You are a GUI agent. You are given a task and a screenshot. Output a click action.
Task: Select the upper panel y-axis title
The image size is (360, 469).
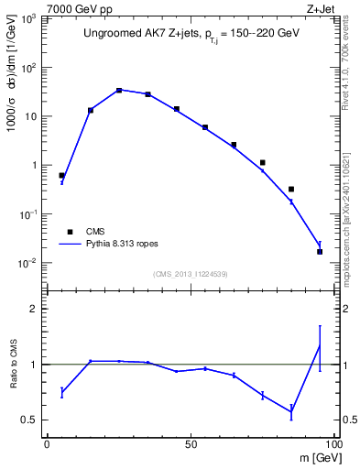point(12,92)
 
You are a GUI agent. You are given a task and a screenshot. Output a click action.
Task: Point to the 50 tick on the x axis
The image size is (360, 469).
point(189,442)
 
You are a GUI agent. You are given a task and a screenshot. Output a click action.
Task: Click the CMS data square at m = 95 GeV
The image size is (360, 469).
point(320,251)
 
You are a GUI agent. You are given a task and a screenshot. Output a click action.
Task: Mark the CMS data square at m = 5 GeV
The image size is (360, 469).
point(61,175)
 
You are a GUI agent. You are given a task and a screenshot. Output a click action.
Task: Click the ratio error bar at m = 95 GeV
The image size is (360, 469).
point(320,347)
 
